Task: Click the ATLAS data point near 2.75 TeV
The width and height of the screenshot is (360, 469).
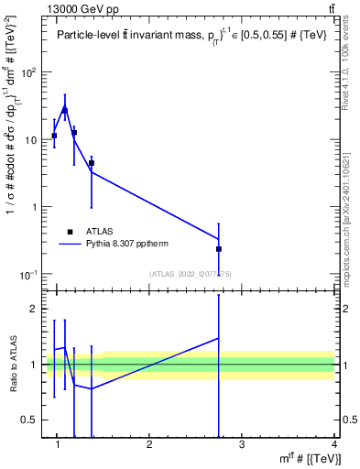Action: (219, 248)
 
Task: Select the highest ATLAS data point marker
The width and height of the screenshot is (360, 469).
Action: (64, 111)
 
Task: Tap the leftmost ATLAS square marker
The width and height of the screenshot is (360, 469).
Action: (55, 136)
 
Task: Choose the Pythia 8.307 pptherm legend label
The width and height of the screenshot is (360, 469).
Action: (127, 245)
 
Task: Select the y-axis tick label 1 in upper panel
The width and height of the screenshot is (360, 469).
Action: (36, 207)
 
